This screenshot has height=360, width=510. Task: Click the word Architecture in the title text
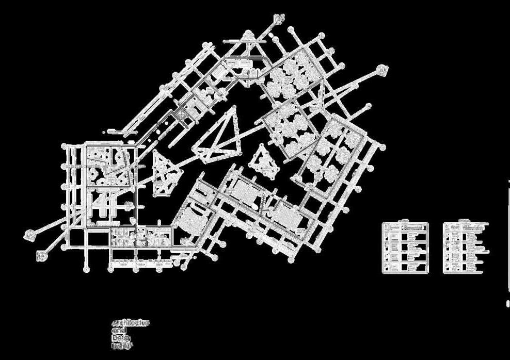point(131,323)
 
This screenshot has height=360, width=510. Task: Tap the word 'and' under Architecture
point(119,331)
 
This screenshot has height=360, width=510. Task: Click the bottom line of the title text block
point(122,346)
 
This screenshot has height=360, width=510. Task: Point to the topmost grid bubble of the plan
point(280,17)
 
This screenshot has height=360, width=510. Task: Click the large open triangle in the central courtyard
point(220,135)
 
